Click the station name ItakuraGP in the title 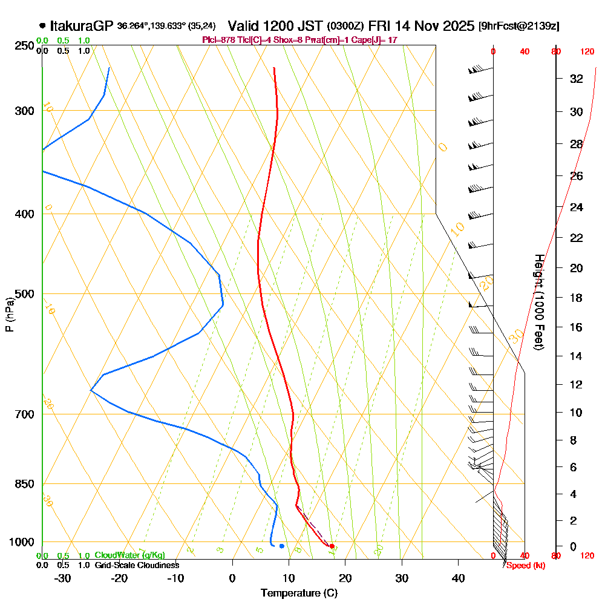pos(82,26)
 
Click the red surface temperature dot pos(332,546)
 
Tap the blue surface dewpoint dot pos(282,546)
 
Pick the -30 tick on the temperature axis pos(63,578)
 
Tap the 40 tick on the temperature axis pos(458,578)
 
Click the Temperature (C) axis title pos(299,594)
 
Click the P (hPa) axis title pos(9,315)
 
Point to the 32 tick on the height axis pos(577,79)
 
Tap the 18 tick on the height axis pos(577,298)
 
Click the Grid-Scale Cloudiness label pos(137,565)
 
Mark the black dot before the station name pos(42,25)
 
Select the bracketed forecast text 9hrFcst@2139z pos(519,27)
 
